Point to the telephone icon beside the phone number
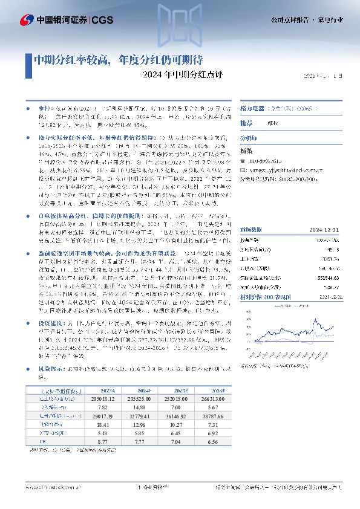(x=244, y=162)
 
